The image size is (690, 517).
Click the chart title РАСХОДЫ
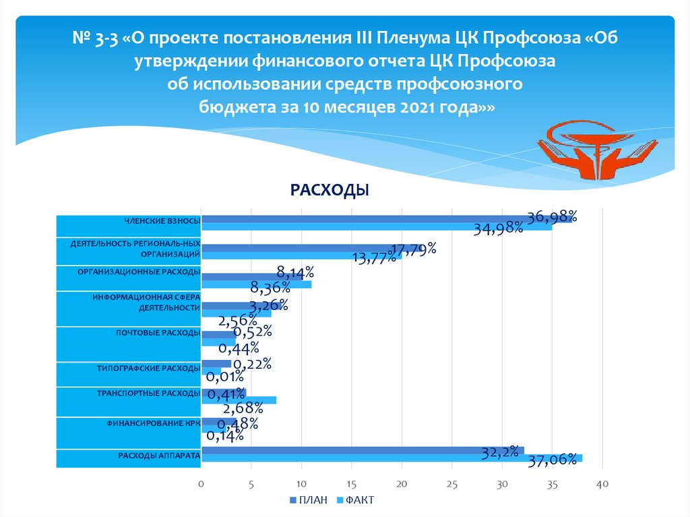coord(330,191)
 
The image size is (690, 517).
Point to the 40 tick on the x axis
coord(602,484)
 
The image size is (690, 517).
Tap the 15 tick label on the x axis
coord(351,484)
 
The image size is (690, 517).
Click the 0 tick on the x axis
coord(201,484)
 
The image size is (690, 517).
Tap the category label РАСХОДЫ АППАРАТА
coord(159,456)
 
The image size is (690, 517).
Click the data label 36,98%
coord(552,216)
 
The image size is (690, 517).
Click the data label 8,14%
coord(296,272)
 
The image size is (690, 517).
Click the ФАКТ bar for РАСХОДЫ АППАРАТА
coord(391,458)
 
